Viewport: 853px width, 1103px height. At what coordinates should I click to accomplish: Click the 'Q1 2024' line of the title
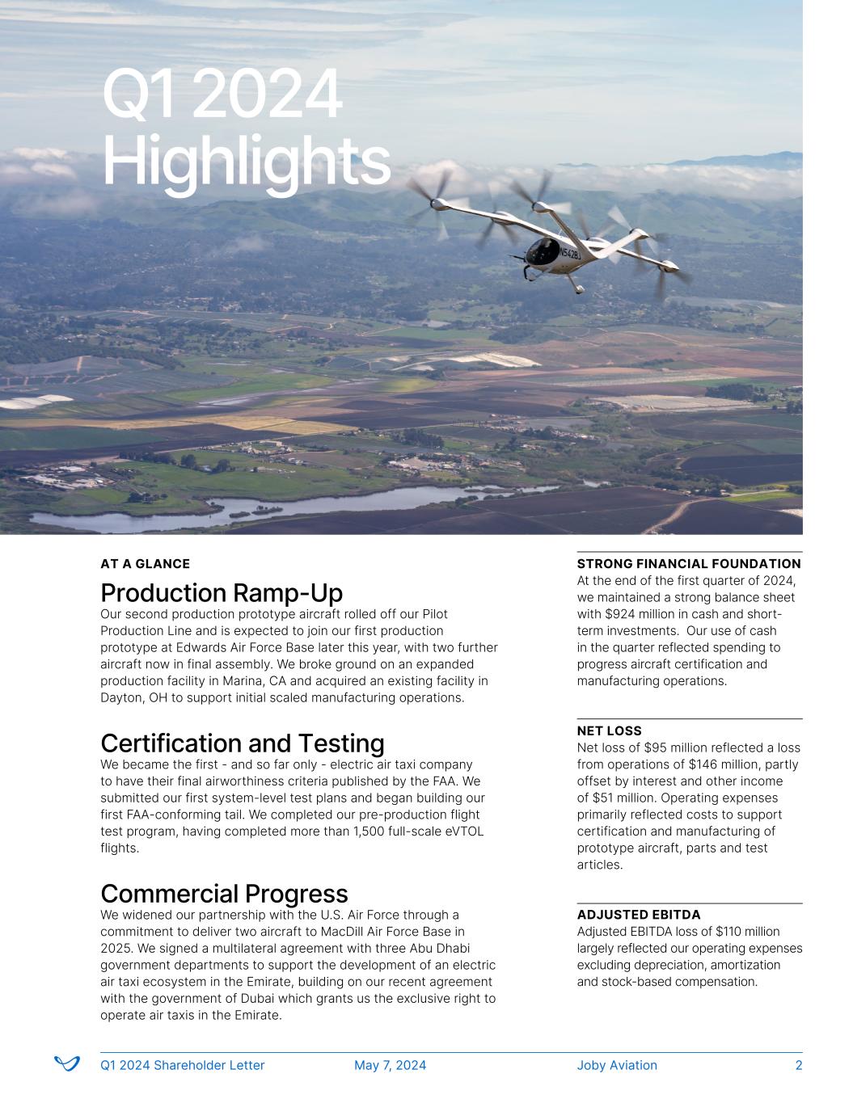[x=222, y=95]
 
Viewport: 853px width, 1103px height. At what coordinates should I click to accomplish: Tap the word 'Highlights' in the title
[x=246, y=162]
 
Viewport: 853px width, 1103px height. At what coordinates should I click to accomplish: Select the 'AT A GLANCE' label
[x=145, y=564]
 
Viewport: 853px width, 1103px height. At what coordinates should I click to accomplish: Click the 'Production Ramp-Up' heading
[x=221, y=593]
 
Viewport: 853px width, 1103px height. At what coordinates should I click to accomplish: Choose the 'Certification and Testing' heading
[x=242, y=743]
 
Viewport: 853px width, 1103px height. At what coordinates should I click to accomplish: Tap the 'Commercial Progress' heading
[x=224, y=894]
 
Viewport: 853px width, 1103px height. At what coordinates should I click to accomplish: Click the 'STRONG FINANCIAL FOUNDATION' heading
[x=688, y=564]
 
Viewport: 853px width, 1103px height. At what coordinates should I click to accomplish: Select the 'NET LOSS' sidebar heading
[x=609, y=731]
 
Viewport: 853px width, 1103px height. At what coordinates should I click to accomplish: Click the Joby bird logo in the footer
[x=66, y=1064]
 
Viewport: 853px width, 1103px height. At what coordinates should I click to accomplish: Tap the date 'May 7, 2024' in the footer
[x=390, y=1065]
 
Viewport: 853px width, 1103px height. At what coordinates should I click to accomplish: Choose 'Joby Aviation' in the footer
[x=617, y=1065]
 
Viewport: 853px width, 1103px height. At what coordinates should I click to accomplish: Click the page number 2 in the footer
[x=798, y=1065]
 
